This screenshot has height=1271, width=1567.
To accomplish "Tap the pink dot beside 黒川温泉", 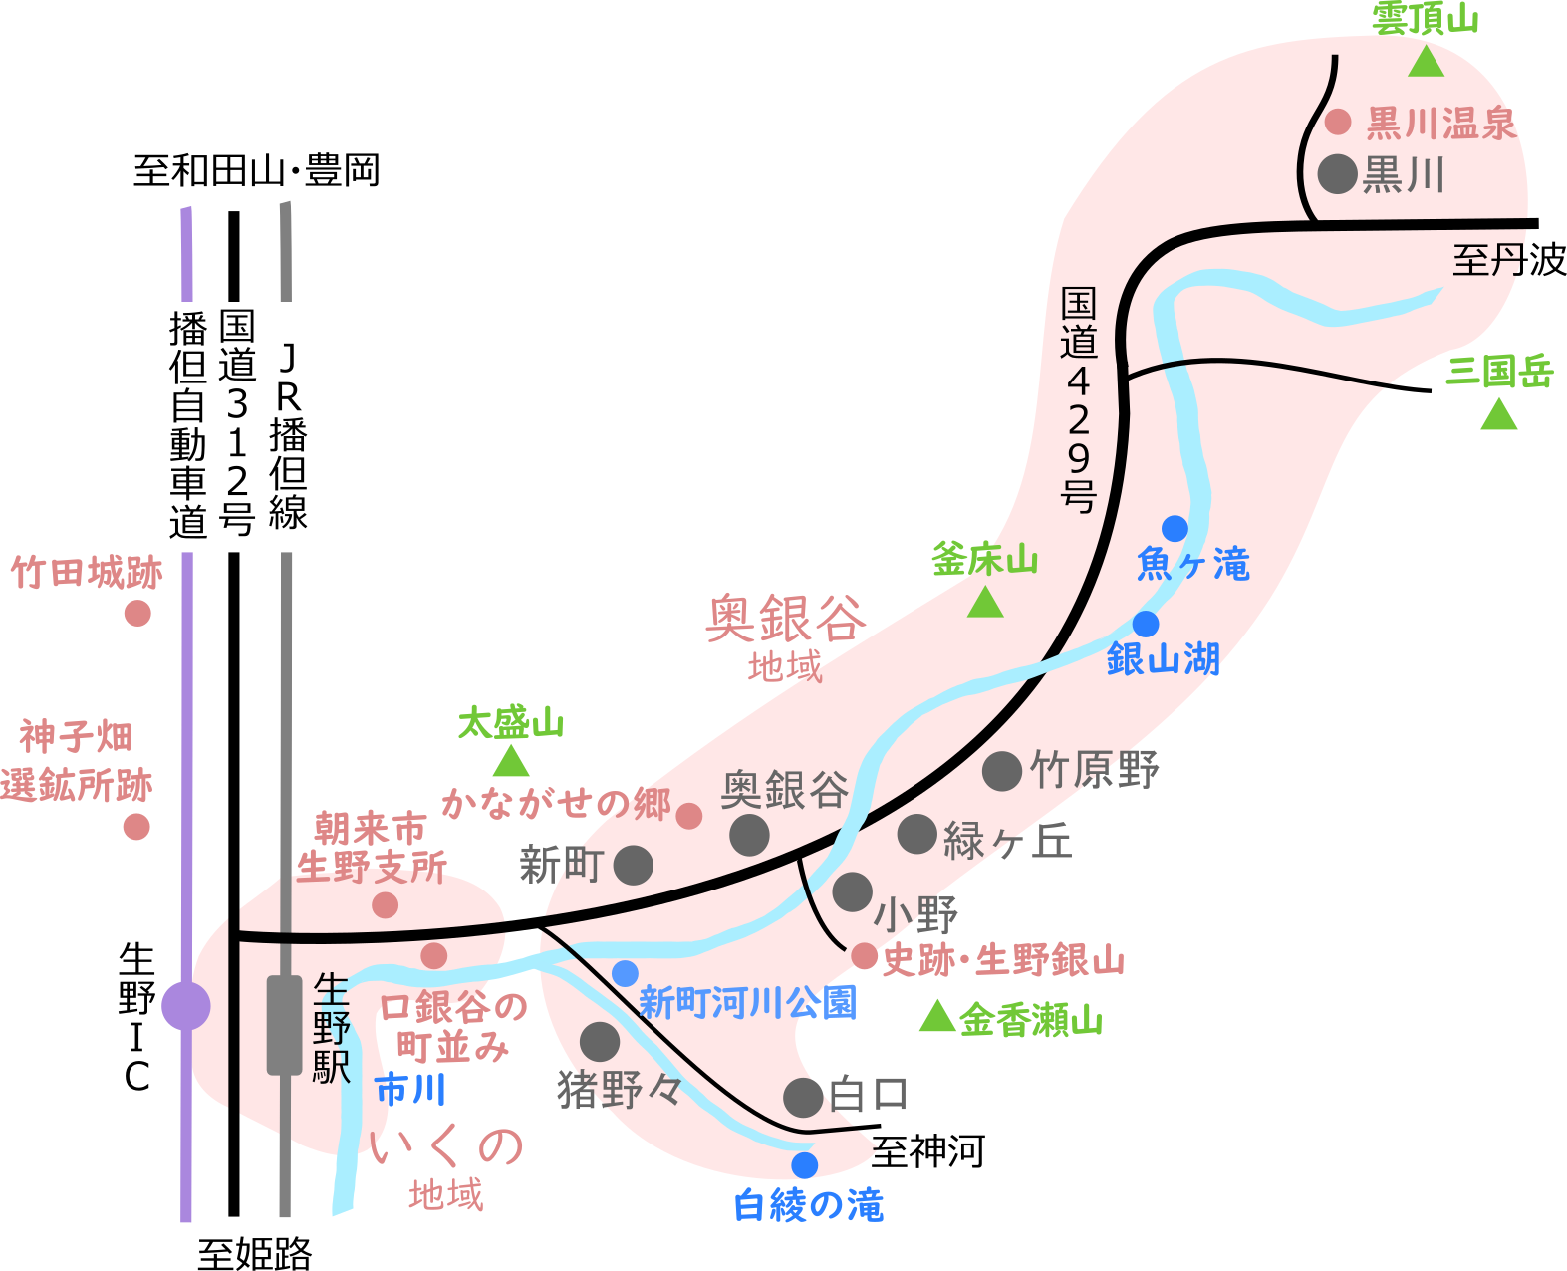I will [1338, 122].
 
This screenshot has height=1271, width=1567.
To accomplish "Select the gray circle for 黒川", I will [1337, 174].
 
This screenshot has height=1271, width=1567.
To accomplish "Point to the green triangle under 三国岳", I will [1498, 415].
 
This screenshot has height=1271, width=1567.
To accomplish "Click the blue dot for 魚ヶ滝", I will [1175, 528].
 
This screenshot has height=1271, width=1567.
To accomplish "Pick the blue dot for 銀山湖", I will [1146, 624].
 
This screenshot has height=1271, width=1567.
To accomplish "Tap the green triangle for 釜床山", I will [985, 603].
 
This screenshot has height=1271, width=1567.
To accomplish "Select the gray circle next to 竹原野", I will [1002, 771].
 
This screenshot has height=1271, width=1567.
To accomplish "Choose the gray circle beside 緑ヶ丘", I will [916, 835].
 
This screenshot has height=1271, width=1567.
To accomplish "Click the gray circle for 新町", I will [633, 865].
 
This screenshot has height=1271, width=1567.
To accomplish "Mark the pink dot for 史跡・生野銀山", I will [864, 956].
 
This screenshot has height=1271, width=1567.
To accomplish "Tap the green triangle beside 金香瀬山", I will [936, 1017].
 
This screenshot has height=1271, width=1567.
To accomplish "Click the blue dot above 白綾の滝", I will [804, 1164].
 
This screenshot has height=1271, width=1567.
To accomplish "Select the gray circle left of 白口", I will [803, 1097].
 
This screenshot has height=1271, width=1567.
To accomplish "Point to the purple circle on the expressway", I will [186, 1006].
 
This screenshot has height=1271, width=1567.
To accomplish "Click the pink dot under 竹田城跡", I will [137, 613].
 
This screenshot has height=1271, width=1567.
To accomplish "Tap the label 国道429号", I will [1079, 398].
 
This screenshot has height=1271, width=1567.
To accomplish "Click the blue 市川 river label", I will [409, 1089].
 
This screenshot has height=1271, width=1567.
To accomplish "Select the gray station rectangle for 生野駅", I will [284, 1025].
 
